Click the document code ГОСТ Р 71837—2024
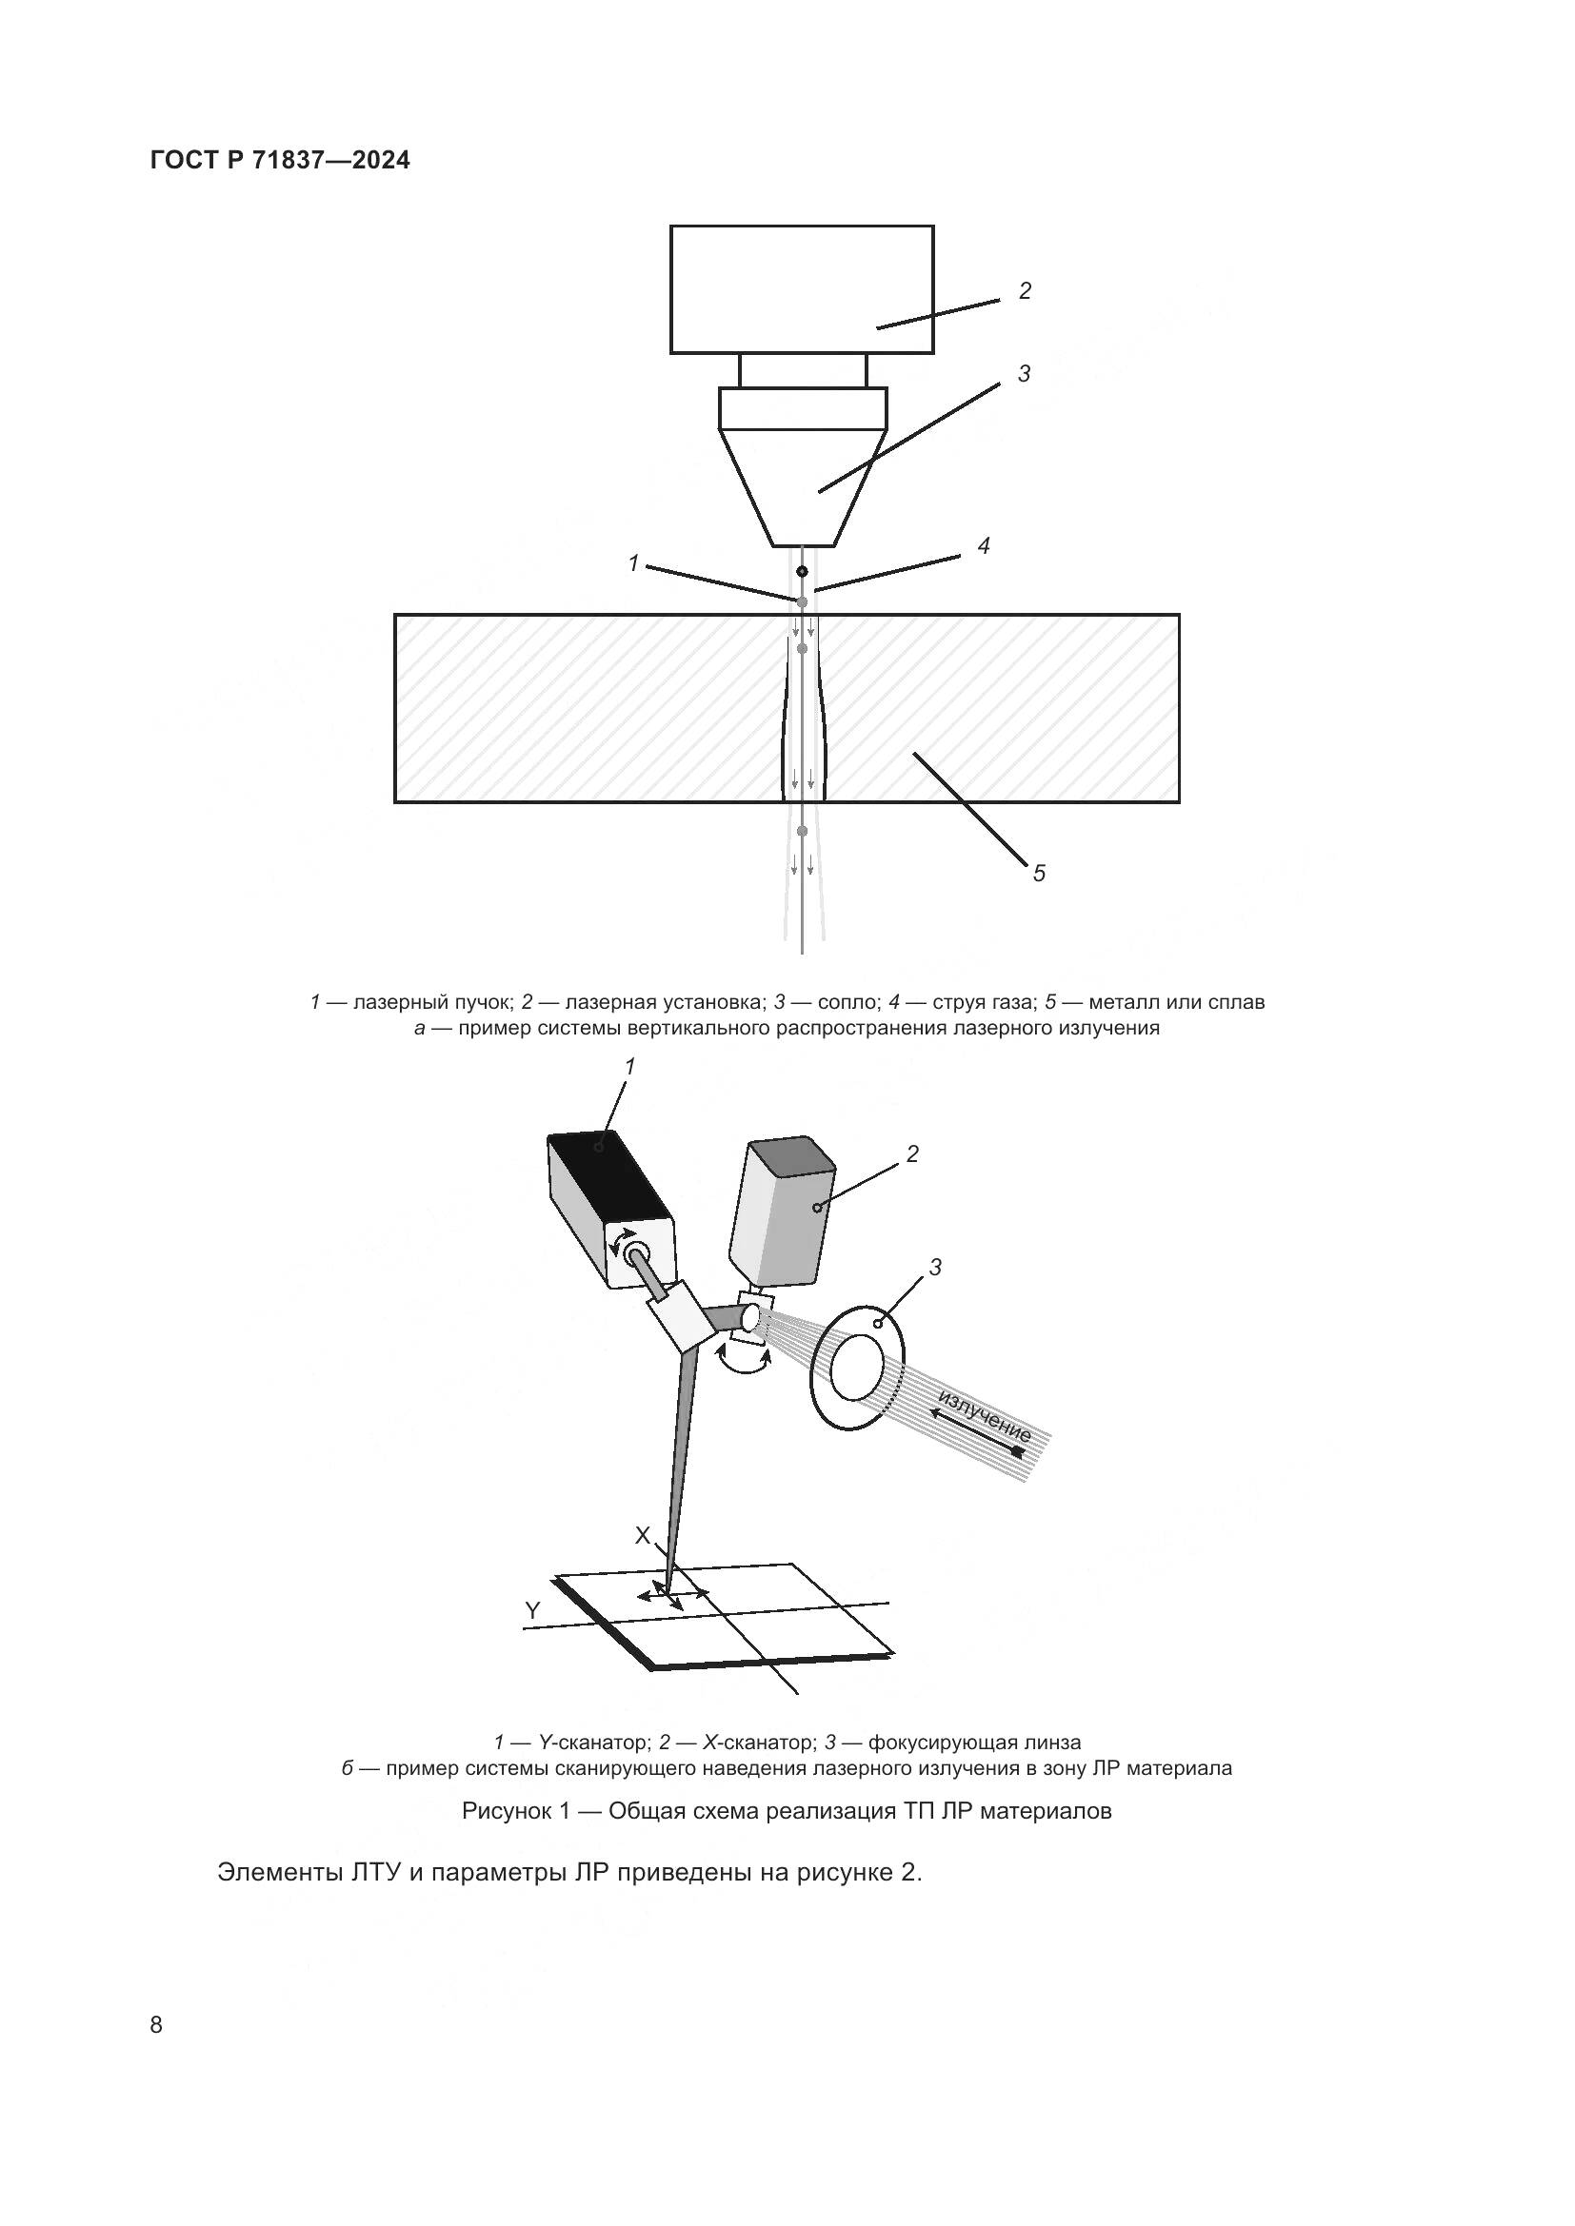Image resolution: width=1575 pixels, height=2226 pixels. [x=280, y=161]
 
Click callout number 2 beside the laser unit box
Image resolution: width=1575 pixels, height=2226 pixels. [x=1025, y=290]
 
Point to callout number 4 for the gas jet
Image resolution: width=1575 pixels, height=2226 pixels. [x=984, y=546]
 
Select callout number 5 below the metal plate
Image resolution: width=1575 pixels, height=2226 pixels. [x=1039, y=874]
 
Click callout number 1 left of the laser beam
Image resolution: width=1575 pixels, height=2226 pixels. [x=633, y=563]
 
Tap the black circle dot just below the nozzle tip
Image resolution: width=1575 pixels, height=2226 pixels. [x=802, y=571]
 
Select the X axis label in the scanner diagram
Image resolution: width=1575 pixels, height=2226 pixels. [x=642, y=1536]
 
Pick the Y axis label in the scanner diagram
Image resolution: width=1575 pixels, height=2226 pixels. [x=532, y=1610]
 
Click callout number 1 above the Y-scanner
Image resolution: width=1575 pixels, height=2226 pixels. [x=629, y=1067]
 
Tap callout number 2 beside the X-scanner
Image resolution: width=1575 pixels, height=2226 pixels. [x=911, y=1153]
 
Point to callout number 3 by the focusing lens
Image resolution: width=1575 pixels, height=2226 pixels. [x=935, y=1267]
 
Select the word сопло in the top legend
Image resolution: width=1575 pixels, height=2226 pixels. [x=847, y=1001]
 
